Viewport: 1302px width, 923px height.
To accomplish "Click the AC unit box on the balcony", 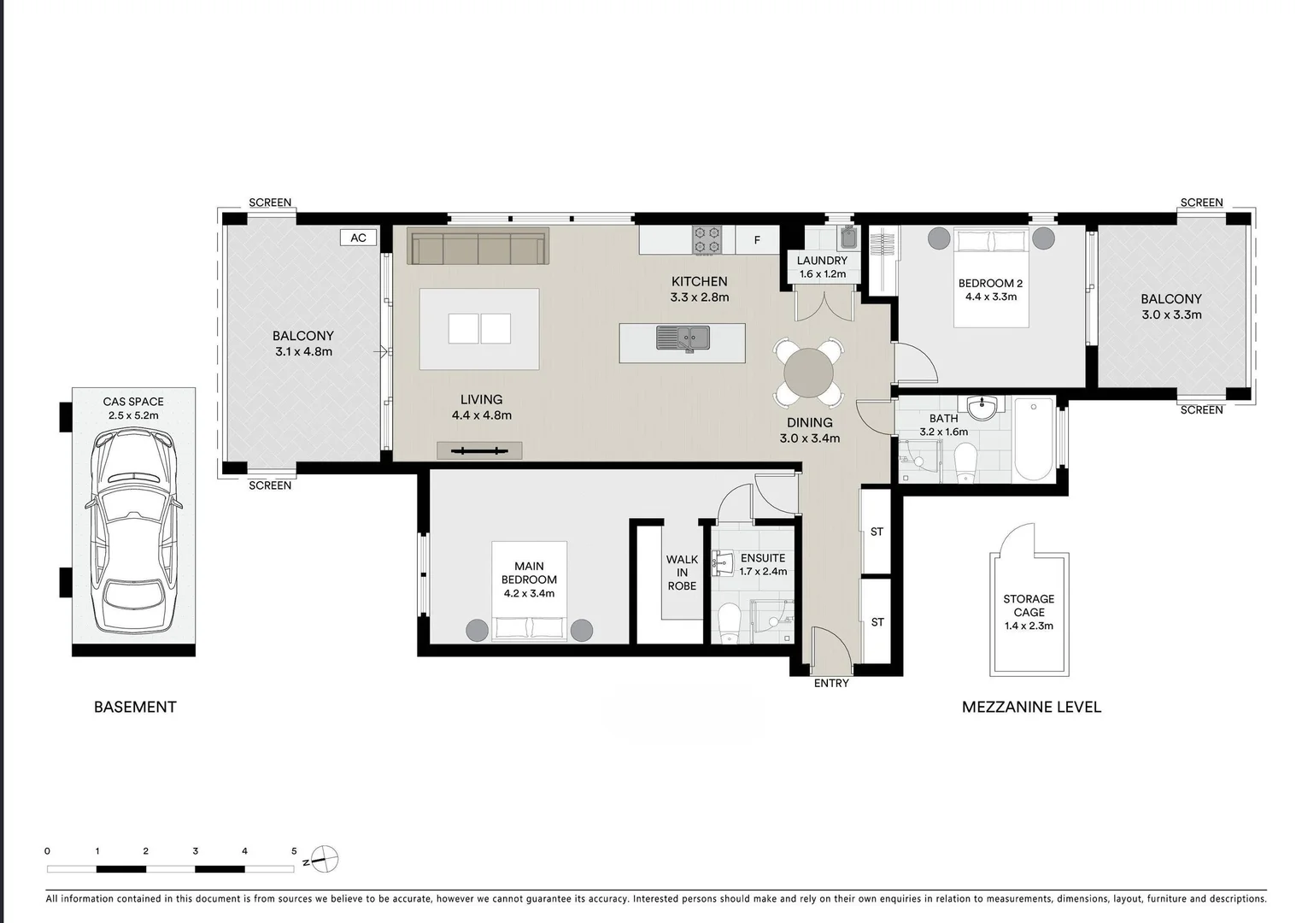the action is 358,238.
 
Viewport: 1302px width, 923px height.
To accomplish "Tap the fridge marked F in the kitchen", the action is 757,239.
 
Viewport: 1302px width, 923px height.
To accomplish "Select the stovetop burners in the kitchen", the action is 707,239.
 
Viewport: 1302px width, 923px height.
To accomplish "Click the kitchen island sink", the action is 683,338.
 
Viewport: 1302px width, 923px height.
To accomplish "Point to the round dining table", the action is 808,373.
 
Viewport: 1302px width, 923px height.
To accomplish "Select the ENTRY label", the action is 831,684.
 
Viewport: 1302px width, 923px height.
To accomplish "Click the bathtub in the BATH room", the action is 1034,439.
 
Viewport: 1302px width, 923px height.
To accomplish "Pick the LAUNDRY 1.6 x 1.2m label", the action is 822,267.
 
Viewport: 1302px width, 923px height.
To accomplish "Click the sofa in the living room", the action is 478,246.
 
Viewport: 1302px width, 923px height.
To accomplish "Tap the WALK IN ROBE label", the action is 682,573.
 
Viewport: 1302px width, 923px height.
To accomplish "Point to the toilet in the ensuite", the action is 729,624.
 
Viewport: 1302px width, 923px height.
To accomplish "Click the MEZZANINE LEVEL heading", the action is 1031,708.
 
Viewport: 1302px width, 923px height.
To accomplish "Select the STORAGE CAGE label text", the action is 1029,605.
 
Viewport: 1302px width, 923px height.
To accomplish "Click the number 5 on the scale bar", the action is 294,851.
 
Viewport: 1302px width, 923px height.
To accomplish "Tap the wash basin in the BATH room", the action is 982,408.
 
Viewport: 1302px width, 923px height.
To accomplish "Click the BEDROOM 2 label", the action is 990,283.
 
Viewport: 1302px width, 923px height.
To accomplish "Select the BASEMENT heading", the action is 135,708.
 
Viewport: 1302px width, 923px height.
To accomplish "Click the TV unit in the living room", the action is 479,450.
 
